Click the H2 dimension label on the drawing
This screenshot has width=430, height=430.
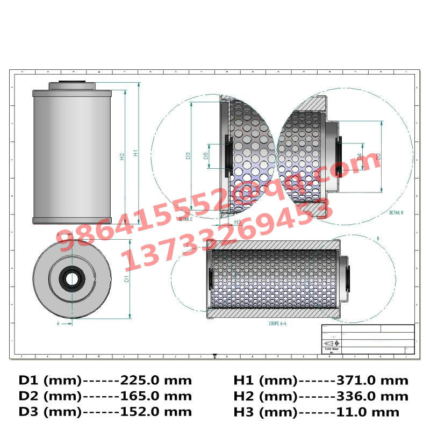(x=123, y=156)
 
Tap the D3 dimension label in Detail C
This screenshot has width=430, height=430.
(x=189, y=156)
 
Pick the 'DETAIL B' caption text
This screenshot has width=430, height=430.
(x=396, y=213)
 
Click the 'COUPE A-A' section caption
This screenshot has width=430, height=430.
(x=278, y=324)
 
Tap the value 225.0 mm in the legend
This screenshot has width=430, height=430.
(x=156, y=381)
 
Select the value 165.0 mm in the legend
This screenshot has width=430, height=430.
(x=156, y=396)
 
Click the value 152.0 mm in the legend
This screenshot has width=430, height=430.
(x=156, y=412)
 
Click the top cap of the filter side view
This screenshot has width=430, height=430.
(x=71, y=85)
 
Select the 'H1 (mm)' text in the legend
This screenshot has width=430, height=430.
(x=265, y=381)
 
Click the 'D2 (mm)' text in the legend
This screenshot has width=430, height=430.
(x=50, y=396)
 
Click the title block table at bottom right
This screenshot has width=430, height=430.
(x=368, y=339)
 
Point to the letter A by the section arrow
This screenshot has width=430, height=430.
(x=58, y=324)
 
